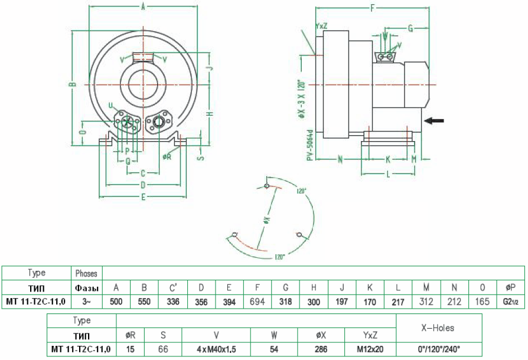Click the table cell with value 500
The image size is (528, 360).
[116, 302]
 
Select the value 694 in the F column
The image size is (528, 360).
[258, 302]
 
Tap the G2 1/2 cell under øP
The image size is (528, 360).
[511, 302]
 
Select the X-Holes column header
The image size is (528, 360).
[438, 328]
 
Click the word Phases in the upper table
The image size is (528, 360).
[87, 273]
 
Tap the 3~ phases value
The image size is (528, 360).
[87, 302]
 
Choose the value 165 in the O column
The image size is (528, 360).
[483, 302]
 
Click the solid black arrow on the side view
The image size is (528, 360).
[435, 120]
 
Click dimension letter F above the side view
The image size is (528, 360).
[372, 8]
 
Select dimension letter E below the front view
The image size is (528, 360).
[143, 197]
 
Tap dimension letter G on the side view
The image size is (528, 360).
[410, 28]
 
